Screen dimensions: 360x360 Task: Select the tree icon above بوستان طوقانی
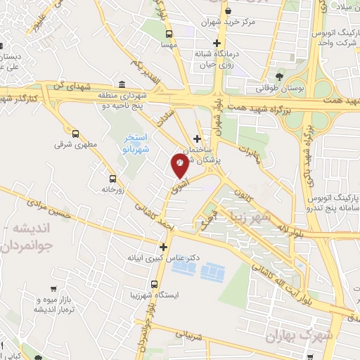pos(280,76)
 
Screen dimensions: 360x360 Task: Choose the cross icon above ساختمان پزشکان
pos(197,139)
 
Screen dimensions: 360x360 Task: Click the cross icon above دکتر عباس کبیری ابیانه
pos(163,247)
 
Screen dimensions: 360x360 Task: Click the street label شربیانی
pos(189,337)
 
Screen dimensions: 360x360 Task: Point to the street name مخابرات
pos(247,154)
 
